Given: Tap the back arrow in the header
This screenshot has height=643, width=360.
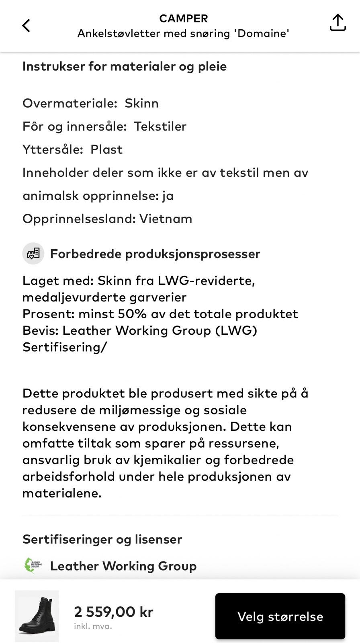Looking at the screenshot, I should pos(26,26).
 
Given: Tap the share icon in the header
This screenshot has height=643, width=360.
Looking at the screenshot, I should pos(337,23).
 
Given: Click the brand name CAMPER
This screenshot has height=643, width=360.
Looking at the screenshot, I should pos(183,18).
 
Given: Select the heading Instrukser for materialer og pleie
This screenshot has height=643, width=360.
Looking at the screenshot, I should pos(124,66).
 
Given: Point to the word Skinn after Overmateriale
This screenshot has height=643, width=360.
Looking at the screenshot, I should pos(141,103).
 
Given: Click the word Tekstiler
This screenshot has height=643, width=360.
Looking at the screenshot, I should pos(160,127).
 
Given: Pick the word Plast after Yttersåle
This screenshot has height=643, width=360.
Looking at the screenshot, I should pos(106,149).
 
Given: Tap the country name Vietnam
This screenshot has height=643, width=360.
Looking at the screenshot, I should pos(166,219).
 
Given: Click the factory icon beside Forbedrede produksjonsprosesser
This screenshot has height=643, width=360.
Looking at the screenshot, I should pos(33,254).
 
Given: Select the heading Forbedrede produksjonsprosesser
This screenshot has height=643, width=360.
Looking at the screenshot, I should pos(155,254).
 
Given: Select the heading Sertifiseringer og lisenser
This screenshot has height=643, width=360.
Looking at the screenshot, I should pos(102,539).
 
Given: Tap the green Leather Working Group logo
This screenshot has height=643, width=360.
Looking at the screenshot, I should pos(33,566).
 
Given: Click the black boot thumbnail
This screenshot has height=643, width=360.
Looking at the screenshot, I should pos(37,616).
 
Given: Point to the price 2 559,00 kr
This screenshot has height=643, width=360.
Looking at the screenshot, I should pos(114,612).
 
